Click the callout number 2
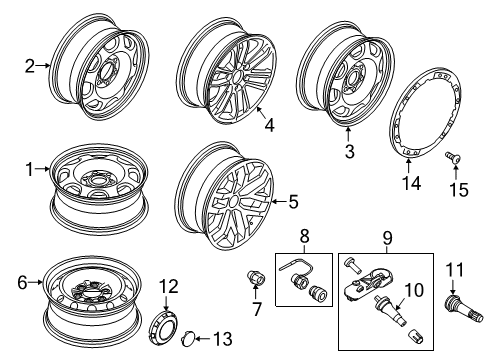point(30,67)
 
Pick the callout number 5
point(292,201)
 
